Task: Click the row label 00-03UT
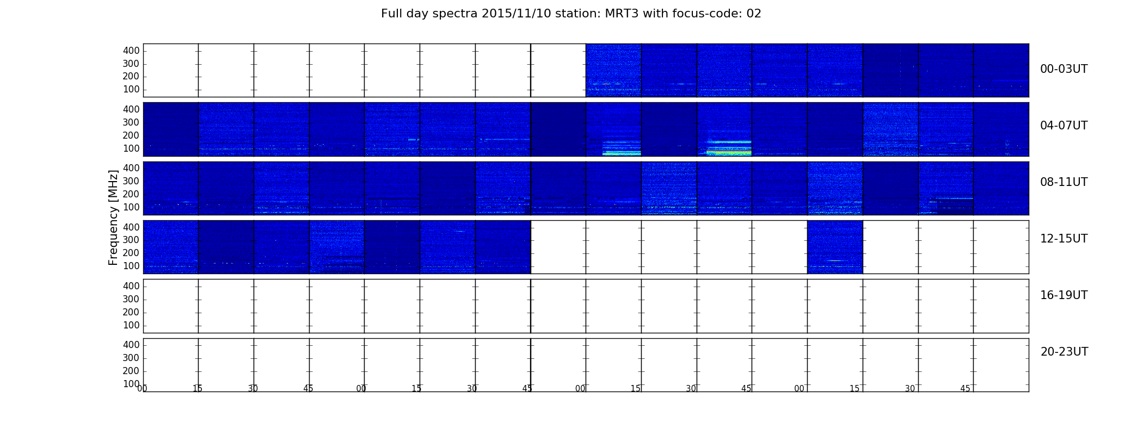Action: coord(1064,69)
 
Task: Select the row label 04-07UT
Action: coord(1064,126)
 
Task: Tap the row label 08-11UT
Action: coord(1064,182)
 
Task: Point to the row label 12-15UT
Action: coord(1064,239)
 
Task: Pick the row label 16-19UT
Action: coord(1064,295)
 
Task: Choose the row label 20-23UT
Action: coord(1064,352)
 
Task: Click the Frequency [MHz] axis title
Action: coord(113,217)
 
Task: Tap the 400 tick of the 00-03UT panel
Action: coord(131,51)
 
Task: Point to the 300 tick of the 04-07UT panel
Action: coord(131,122)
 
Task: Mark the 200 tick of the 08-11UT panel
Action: coord(131,194)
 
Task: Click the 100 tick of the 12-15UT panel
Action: coord(131,266)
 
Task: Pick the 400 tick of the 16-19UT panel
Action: coord(131,286)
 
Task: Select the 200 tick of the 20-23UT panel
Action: coord(131,371)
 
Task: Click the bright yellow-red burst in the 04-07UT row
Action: coord(729,152)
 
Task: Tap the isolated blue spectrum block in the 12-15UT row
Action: coord(835,247)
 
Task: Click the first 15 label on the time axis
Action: coord(198,389)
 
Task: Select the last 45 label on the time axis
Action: coord(965,389)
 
